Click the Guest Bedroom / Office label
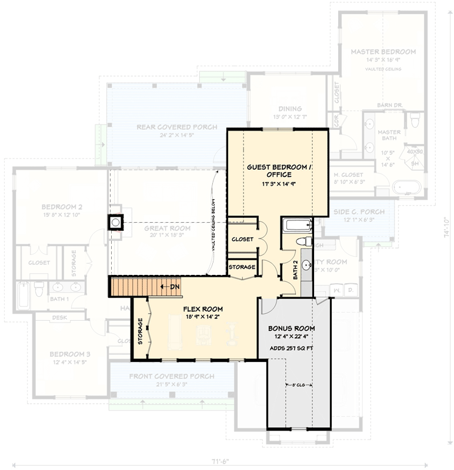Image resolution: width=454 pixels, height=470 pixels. click(277, 171)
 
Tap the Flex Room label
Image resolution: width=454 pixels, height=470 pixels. click(203, 308)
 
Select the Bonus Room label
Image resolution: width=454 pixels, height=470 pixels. click(291, 328)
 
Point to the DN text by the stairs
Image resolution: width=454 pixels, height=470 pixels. click(175, 287)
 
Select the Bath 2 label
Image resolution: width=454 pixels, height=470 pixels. click(296, 271)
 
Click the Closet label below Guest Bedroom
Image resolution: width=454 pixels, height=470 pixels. click(242, 239)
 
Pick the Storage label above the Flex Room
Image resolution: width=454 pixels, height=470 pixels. click(242, 267)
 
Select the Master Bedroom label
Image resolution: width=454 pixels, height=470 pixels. click(383, 52)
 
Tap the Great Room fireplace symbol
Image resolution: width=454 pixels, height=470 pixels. click(115, 221)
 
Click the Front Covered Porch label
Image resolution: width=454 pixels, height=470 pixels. click(172, 376)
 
